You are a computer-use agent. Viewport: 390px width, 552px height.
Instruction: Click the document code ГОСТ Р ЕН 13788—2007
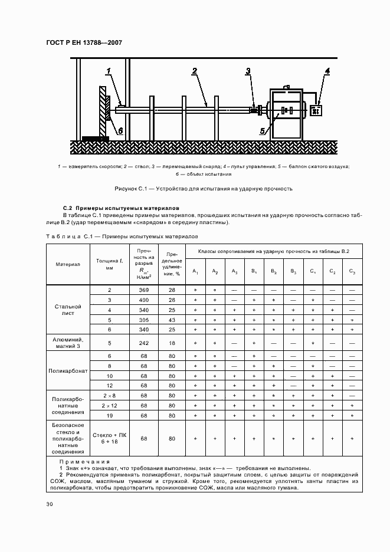click(x=84, y=42)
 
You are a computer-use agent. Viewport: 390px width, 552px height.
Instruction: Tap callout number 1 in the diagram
click(x=109, y=72)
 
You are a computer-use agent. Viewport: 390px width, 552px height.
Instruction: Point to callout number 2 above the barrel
click(x=194, y=71)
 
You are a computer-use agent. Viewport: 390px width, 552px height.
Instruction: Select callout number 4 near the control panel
click(x=327, y=72)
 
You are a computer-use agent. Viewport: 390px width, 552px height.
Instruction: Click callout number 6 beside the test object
click(x=120, y=131)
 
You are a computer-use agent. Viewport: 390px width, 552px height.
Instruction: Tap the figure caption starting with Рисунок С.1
click(x=195, y=189)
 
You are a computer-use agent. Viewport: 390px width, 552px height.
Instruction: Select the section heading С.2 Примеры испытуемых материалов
click(x=117, y=209)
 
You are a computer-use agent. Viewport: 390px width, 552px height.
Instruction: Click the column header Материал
click(x=68, y=264)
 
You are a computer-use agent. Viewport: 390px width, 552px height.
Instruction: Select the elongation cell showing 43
click(x=172, y=319)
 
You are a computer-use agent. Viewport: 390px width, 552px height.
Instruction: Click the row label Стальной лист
click(x=68, y=310)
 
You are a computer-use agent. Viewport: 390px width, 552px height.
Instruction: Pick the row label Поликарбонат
click(x=68, y=371)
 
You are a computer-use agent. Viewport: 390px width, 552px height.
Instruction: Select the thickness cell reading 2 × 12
click(x=109, y=406)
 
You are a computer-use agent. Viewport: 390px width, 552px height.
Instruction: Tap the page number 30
click(x=50, y=504)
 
